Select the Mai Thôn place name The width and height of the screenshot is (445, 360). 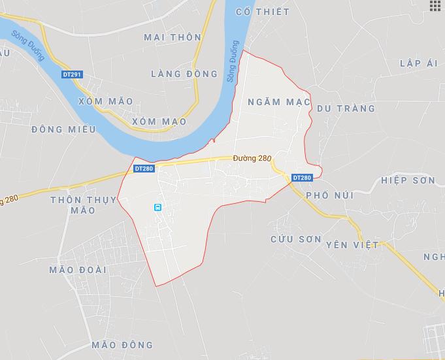click(x=173, y=37)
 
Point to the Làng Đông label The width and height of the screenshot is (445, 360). click(x=184, y=74)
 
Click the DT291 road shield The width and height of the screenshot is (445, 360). click(x=72, y=74)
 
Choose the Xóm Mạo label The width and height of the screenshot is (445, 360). click(x=159, y=122)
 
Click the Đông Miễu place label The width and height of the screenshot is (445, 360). click(x=63, y=129)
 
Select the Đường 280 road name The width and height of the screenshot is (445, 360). click(x=252, y=158)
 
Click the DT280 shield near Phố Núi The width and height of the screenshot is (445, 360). click(x=302, y=178)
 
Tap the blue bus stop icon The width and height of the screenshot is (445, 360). click(x=157, y=207)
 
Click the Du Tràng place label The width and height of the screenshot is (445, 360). click(x=346, y=108)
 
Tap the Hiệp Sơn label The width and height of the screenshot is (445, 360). click(x=408, y=180)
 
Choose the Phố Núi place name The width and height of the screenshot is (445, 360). click(x=329, y=195)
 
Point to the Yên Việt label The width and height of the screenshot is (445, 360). click(x=352, y=244)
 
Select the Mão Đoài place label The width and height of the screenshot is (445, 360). click(x=78, y=269)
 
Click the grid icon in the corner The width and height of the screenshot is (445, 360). click(x=435, y=6)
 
